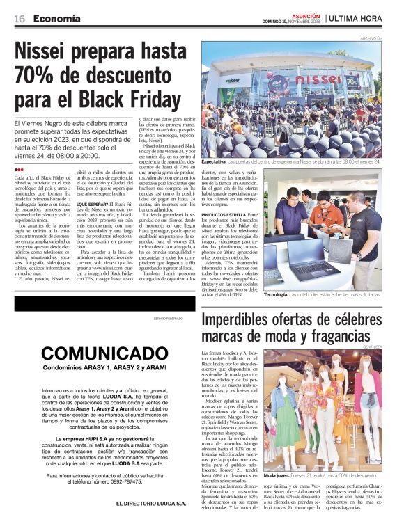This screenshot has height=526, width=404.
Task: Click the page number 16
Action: coord(20,18)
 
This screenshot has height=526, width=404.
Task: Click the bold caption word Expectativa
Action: coord(218,161)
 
